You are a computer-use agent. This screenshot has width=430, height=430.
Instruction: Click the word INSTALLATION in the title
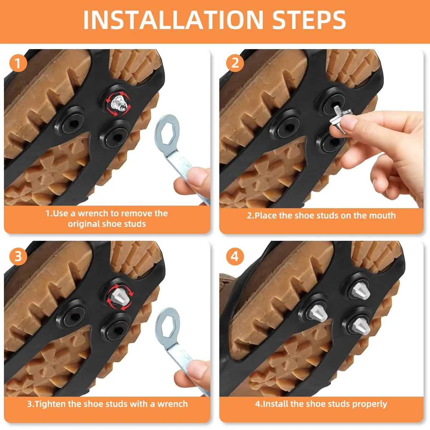[x=173, y=20]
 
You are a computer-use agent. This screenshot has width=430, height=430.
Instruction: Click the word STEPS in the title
[x=309, y=20]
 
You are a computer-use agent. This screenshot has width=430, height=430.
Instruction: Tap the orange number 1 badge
[x=18, y=63]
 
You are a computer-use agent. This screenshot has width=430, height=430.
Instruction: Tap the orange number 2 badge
[x=235, y=63]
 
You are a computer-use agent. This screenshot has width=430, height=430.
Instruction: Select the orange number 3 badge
[x=18, y=256]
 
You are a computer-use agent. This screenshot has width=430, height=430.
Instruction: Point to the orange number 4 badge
[x=235, y=256]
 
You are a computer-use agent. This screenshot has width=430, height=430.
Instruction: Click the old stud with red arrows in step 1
[x=119, y=103]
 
